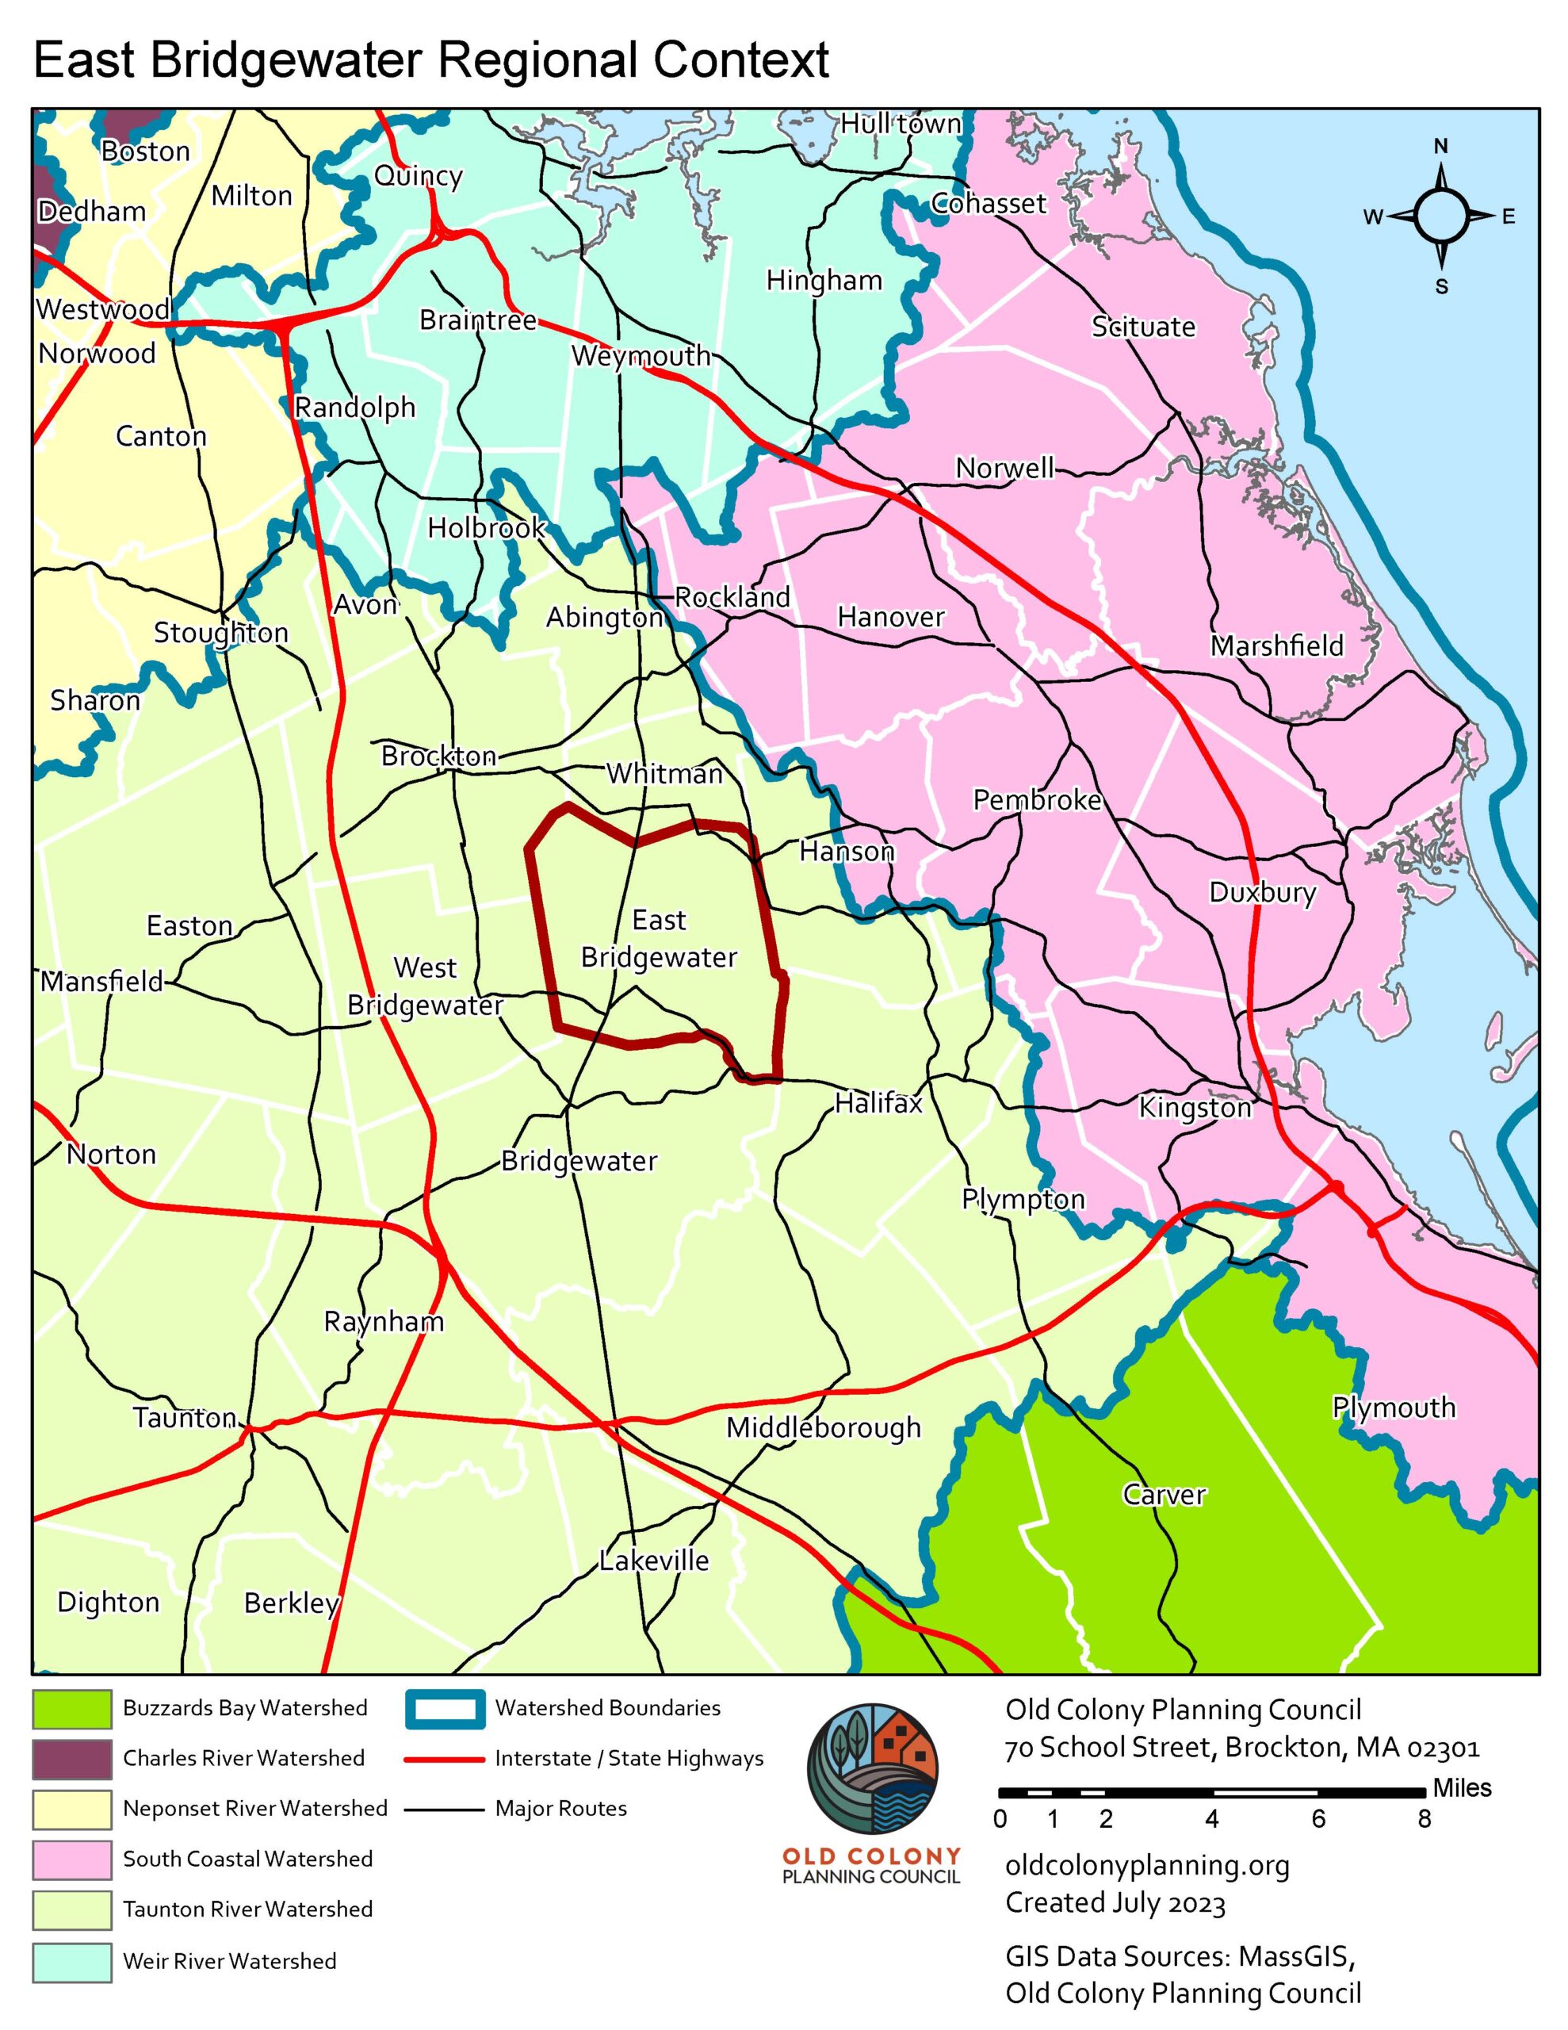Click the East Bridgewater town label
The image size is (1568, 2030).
658,939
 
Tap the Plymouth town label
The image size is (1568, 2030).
1394,1408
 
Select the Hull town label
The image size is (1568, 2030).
901,124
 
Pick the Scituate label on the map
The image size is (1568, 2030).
1142,327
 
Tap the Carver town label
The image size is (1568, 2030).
1164,1495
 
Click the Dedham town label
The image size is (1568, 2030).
92,212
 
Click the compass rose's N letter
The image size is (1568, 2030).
1440,147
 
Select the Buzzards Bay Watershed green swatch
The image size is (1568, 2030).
71,1708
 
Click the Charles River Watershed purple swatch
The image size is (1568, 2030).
71,1759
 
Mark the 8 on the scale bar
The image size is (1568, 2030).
1424,1819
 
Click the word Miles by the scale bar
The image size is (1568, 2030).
1461,1787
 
